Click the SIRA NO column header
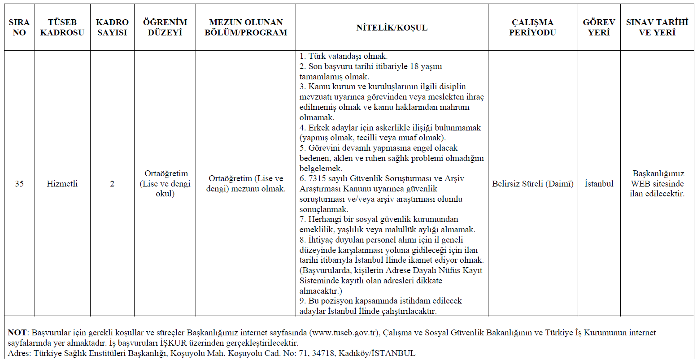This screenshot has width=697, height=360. pos(19,27)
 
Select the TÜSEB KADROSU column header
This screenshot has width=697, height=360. pos(62,27)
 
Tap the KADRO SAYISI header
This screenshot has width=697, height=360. pos(112,27)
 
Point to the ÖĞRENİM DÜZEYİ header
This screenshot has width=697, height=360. pos(165,27)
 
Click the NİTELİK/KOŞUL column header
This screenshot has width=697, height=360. pos(392,27)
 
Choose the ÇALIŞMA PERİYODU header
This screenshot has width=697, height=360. pos(532,27)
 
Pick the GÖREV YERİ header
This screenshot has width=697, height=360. pos(599,27)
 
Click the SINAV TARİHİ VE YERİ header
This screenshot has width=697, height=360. pos(657,27)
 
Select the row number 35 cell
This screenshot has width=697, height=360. pos(19,184)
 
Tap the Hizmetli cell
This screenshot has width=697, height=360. pos(62,184)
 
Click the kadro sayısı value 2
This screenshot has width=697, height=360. pos(112,184)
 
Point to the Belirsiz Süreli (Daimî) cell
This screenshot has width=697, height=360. pos(532,184)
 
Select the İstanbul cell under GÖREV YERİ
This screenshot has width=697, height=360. pos(599,184)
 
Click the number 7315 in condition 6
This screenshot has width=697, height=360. pos(317,179)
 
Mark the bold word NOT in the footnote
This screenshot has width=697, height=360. pos(17,333)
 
